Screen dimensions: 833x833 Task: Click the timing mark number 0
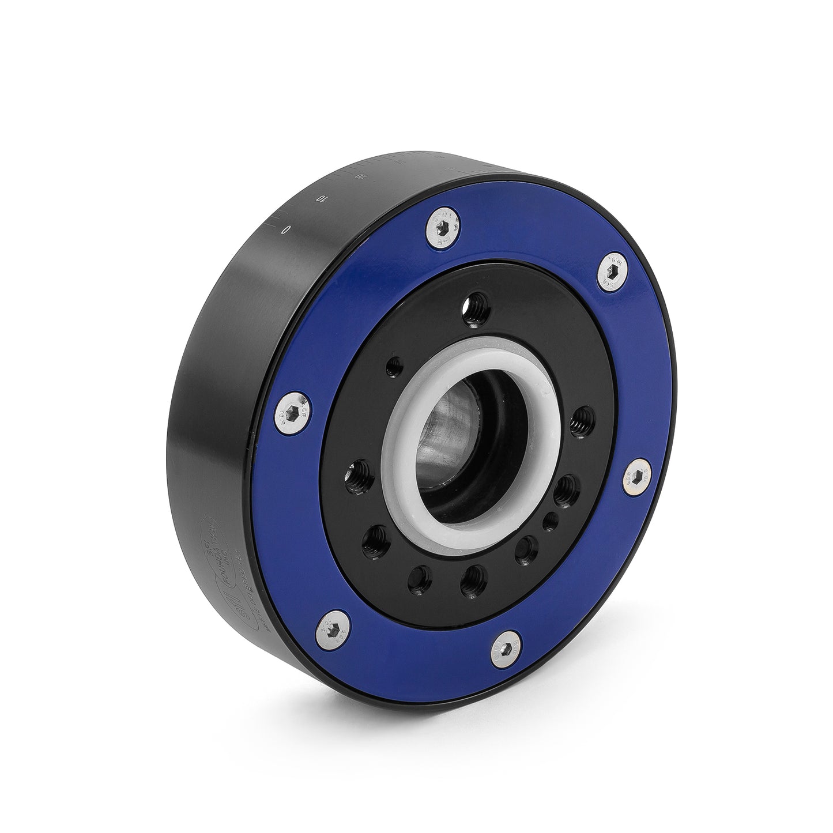click(284, 230)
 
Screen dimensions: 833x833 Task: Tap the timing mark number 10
click(321, 199)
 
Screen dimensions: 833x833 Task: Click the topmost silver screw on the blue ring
click(444, 230)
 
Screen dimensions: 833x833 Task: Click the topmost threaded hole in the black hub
click(477, 302)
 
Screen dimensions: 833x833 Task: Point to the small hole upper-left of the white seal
click(395, 364)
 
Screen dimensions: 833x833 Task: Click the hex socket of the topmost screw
click(444, 230)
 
